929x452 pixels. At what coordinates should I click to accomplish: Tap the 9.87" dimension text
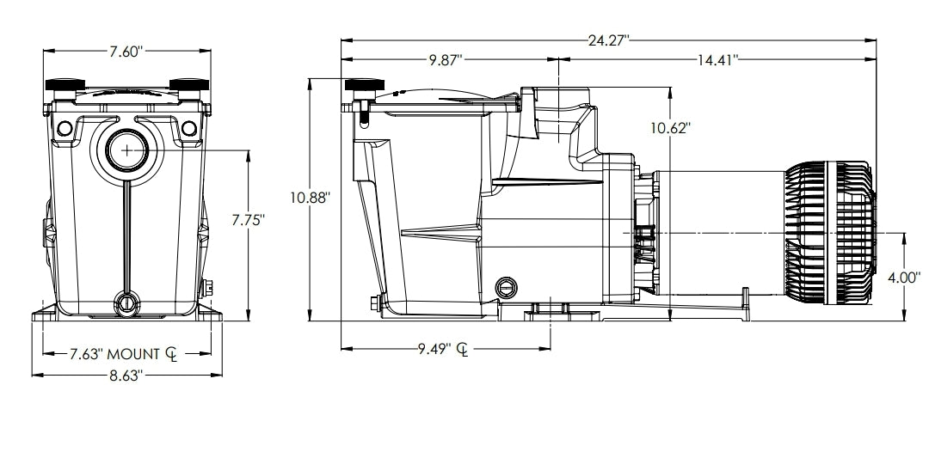[x=446, y=60]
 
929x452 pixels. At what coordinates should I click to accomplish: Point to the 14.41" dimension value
[x=717, y=60]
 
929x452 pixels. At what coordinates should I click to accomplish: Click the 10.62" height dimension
[x=670, y=128]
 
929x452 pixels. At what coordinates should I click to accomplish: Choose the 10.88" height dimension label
[x=310, y=197]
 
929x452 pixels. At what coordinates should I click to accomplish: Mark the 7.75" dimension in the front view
[x=248, y=220]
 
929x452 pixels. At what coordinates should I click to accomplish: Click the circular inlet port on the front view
[x=127, y=149]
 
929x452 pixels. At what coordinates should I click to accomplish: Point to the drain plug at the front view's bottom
[x=127, y=302]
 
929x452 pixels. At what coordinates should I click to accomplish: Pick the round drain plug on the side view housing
[x=505, y=286]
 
